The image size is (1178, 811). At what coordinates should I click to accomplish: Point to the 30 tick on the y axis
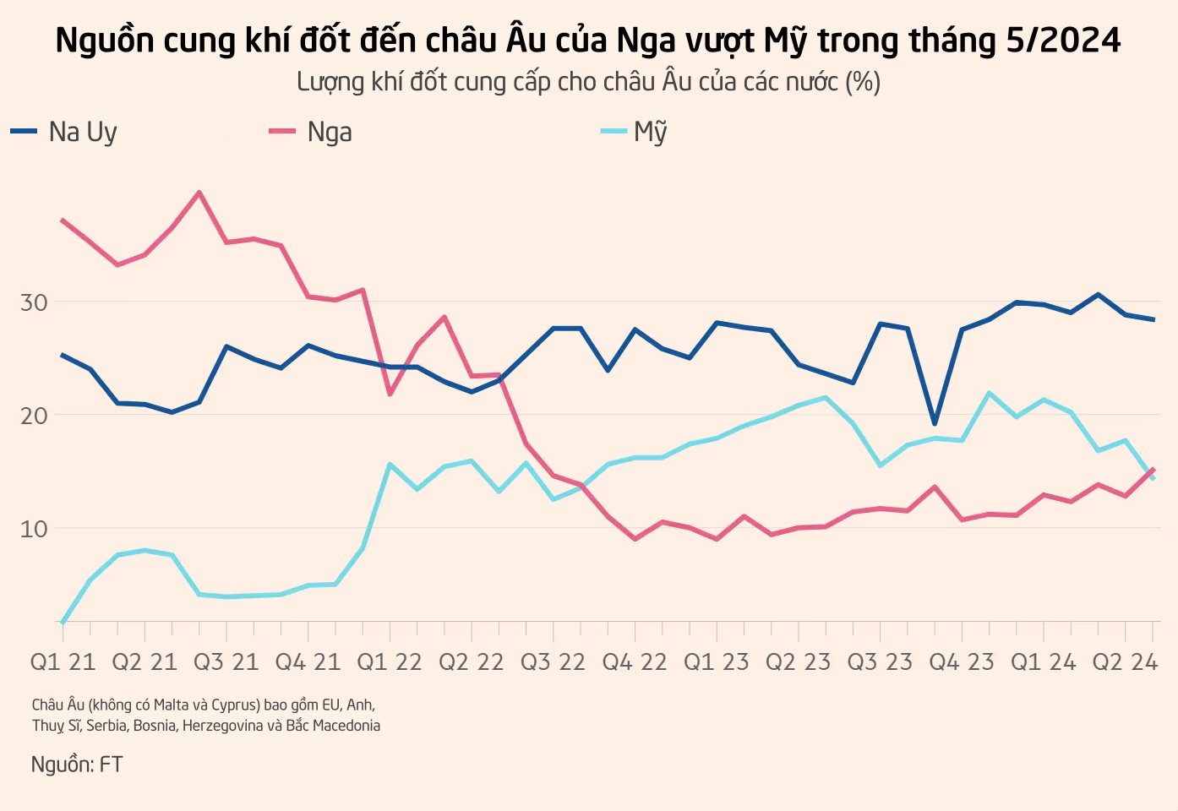[x=34, y=302]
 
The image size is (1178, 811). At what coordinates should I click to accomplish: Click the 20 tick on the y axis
[x=34, y=416]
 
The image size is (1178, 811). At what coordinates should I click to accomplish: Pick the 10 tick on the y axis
[x=34, y=529]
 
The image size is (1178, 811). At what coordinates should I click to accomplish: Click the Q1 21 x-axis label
[x=63, y=662]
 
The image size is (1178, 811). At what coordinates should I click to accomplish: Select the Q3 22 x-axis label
[x=553, y=662]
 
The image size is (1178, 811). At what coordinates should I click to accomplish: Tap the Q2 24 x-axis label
[x=1125, y=662]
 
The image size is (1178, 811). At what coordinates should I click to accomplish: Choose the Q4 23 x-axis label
[x=962, y=662]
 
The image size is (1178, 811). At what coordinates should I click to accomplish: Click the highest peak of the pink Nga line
[x=199, y=193]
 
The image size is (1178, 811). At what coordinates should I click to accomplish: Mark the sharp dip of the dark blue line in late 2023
[x=935, y=423]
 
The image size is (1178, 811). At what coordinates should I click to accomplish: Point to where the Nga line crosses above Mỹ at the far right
[x=1148, y=474]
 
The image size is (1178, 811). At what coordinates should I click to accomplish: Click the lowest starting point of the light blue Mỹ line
[x=63, y=623]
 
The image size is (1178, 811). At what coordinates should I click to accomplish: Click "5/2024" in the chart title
[x=1063, y=40]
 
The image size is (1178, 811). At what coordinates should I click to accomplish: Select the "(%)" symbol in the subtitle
[x=863, y=82]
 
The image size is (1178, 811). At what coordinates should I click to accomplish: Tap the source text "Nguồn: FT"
[x=77, y=765]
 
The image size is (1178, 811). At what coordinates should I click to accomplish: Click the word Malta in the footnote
[x=172, y=705]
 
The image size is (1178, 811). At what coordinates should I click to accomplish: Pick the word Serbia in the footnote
[x=106, y=726]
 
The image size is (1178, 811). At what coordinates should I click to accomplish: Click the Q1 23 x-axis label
[x=717, y=662]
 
